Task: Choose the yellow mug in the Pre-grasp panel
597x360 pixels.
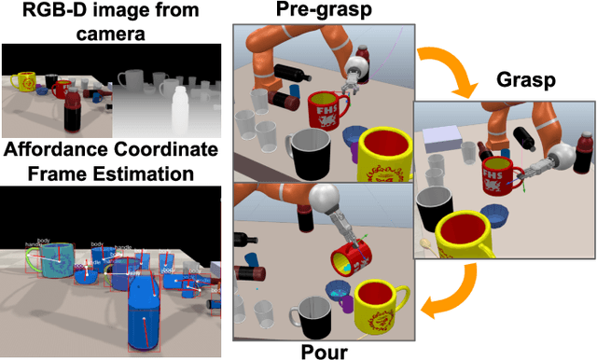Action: [384, 153]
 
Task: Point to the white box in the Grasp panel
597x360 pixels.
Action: [446, 139]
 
